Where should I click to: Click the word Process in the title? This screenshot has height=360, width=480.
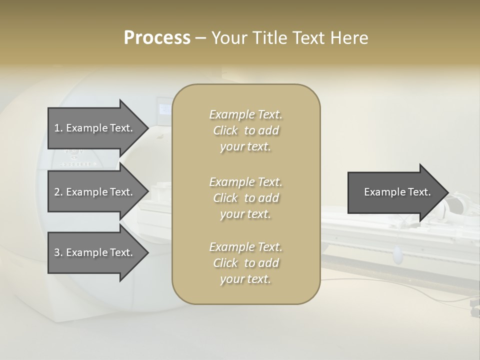click(x=157, y=38)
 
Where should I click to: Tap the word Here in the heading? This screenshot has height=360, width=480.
click(x=348, y=38)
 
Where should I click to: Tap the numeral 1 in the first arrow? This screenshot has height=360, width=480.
click(x=57, y=128)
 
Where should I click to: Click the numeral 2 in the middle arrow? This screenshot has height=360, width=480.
click(x=57, y=192)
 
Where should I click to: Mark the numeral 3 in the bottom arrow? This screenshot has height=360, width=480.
click(x=57, y=252)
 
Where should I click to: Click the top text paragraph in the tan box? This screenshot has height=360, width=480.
click(x=245, y=130)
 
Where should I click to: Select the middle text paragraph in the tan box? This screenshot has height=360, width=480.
click(x=245, y=198)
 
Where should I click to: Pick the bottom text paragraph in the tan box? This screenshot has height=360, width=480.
click(x=245, y=263)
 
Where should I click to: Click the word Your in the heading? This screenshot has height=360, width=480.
click(x=228, y=38)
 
